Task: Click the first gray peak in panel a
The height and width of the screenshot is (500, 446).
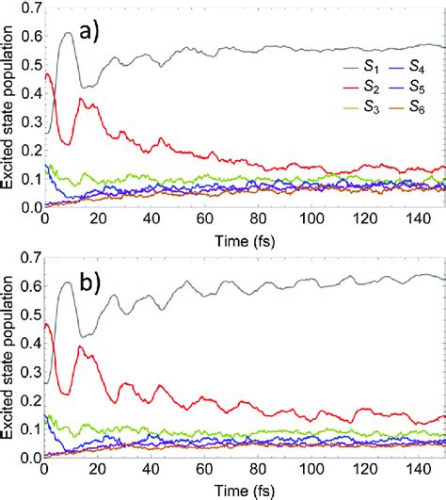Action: point(68,33)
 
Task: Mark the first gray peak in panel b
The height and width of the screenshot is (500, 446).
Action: point(68,282)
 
